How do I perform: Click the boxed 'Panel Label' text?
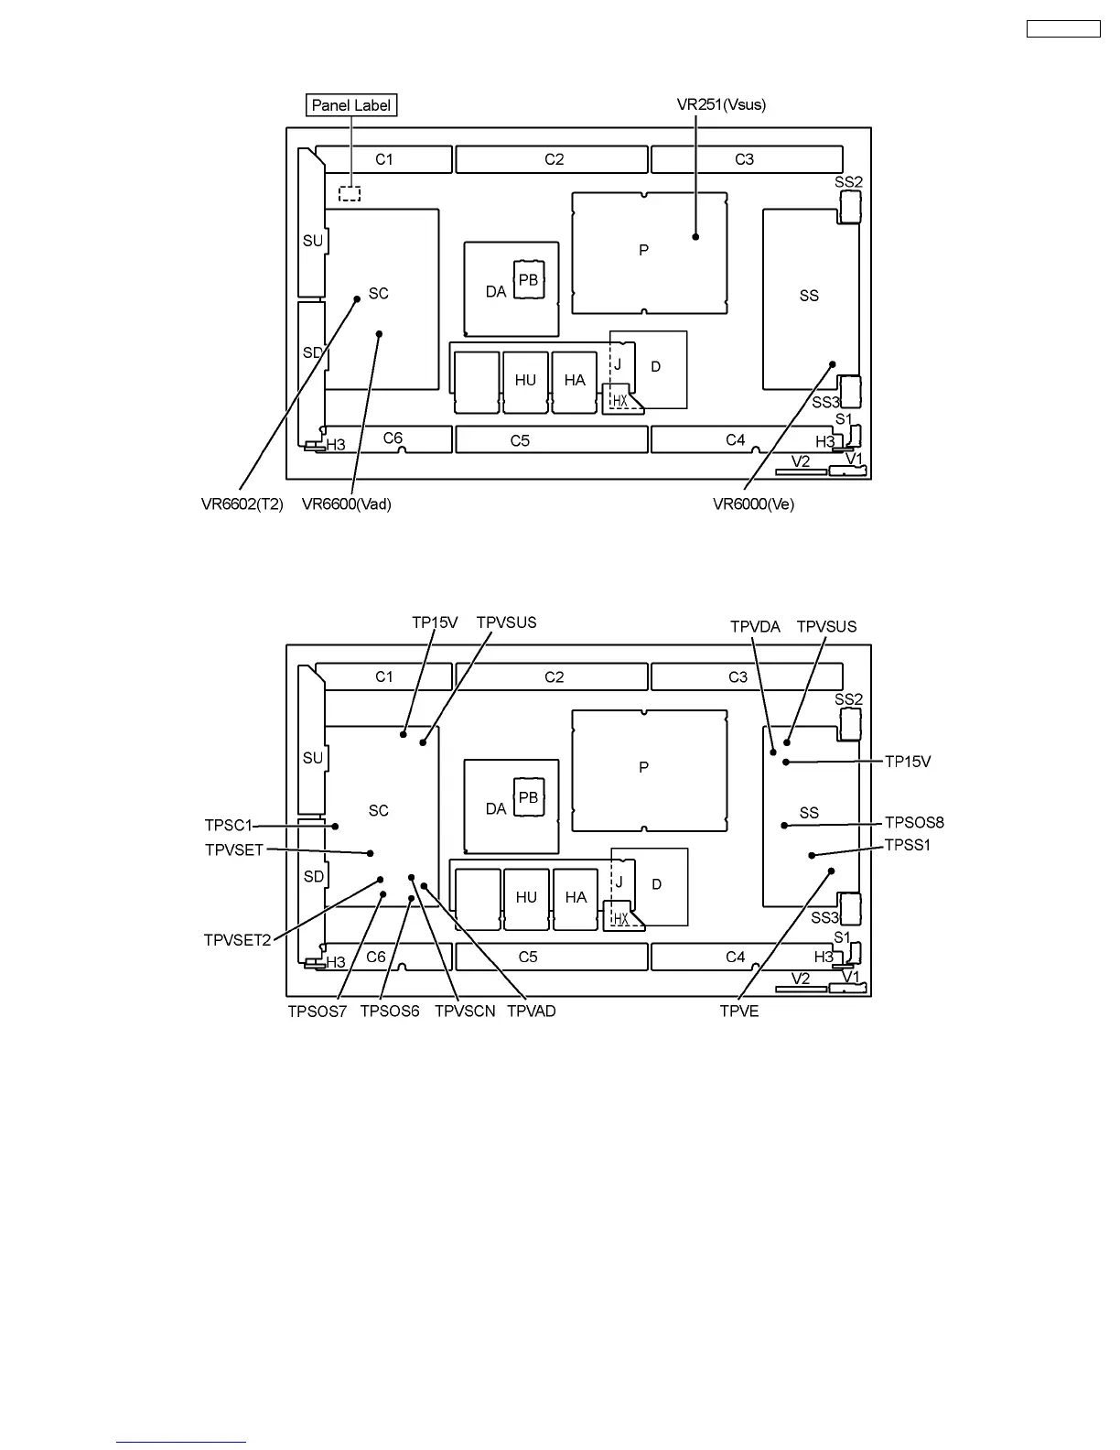click(x=351, y=105)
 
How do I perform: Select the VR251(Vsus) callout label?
click(x=721, y=104)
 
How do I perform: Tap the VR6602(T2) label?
click(x=242, y=504)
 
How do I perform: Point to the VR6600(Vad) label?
click(x=347, y=504)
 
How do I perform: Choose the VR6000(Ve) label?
click(x=753, y=504)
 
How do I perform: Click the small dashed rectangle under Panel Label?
click(x=350, y=194)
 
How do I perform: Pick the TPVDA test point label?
click(x=755, y=627)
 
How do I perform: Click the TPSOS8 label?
click(x=914, y=822)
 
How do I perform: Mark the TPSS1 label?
click(x=908, y=845)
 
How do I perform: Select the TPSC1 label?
click(x=228, y=826)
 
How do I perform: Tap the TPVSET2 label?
click(x=238, y=940)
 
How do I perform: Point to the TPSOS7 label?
click(x=318, y=1012)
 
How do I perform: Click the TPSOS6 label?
click(x=390, y=1012)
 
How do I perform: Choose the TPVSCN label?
click(x=465, y=1012)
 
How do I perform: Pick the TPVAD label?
click(x=532, y=1012)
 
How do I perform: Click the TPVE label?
click(x=739, y=1012)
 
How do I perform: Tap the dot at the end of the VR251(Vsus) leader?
click(x=696, y=236)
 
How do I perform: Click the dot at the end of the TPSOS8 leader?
click(x=784, y=826)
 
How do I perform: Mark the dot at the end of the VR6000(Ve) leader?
click(x=833, y=364)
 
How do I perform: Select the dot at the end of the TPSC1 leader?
click(x=336, y=826)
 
